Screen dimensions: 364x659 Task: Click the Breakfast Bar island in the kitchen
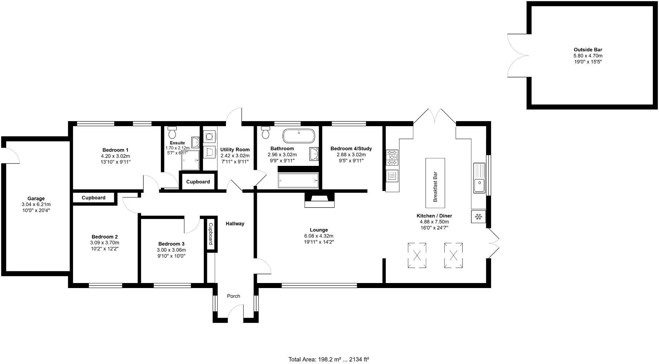point(435,183)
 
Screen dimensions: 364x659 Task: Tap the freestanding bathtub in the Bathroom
point(299,136)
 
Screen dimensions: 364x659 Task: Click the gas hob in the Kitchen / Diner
point(392,157)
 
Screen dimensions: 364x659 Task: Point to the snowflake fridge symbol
point(478,217)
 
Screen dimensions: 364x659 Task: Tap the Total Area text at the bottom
point(328,359)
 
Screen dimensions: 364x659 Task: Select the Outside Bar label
point(588,50)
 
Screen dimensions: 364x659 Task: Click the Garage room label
point(36,198)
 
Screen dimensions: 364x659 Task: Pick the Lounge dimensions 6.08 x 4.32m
point(319,236)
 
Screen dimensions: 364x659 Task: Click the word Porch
point(234,296)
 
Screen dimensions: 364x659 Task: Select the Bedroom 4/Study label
point(351,149)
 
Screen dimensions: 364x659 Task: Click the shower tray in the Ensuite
point(191,160)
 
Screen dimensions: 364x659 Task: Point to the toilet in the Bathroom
point(265,133)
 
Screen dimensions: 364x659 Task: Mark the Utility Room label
point(235,150)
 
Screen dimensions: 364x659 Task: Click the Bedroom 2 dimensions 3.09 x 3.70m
point(105,243)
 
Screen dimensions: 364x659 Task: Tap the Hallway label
point(235,224)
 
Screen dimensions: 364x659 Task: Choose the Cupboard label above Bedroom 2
point(93,198)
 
